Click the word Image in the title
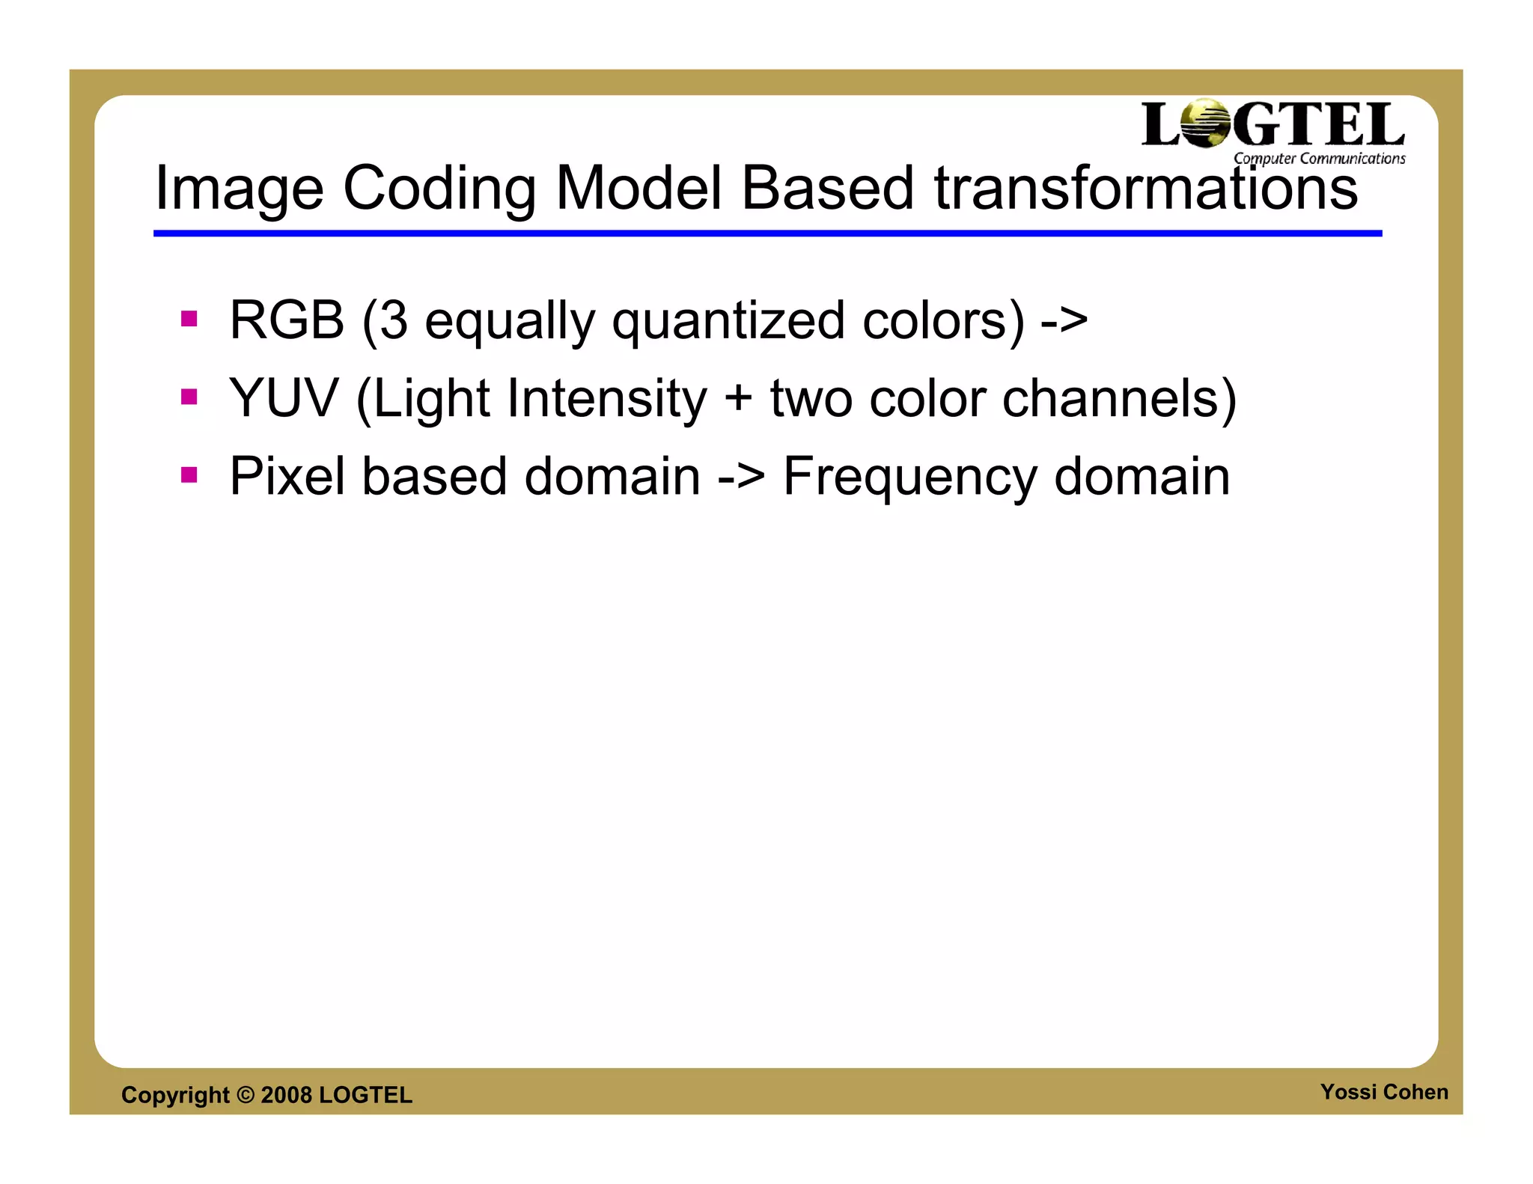tap(238, 189)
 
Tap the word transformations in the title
tap(1145, 189)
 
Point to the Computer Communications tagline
tap(1319, 159)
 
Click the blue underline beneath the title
tap(767, 234)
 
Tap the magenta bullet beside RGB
tap(189, 320)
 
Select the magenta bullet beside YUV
tap(189, 397)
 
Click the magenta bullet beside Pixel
tap(189, 474)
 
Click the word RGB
tap(286, 320)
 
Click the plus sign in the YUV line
tap(737, 398)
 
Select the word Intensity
tap(606, 400)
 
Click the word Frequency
tap(909, 477)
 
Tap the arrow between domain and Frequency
tap(741, 477)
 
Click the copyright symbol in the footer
tap(246, 1095)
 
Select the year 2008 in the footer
tap(286, 1095)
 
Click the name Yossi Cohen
tap(1383, 1092)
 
